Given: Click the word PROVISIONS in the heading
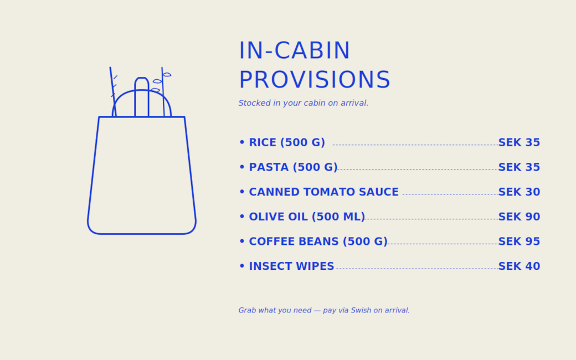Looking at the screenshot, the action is (315, 80).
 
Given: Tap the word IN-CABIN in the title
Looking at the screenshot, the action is (294, 51).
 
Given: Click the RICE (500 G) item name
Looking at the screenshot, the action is (287, 142).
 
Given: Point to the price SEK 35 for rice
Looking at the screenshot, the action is (519, 142).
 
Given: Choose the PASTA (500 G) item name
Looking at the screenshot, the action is (293, 167).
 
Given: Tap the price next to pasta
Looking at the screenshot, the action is (519, 167).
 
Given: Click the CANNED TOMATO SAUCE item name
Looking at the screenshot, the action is (323, 192).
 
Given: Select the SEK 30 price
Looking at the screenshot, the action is (519, 192).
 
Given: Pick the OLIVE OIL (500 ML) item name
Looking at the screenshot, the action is (307, 217).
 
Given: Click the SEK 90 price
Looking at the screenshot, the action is (519, 217).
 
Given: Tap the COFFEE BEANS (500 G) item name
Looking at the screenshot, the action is (318, 241).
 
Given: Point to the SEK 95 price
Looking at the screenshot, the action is (519, 241).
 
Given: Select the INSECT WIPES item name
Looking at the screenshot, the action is (292, 266).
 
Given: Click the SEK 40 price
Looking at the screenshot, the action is (519, 266).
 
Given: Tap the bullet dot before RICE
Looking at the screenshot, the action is (241, 142).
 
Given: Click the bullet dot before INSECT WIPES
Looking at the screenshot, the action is (241, 266).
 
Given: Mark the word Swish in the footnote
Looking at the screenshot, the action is (361, 310).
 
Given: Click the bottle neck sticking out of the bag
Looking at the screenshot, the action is (142, 97).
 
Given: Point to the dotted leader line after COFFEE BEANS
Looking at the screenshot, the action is (443, 244).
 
